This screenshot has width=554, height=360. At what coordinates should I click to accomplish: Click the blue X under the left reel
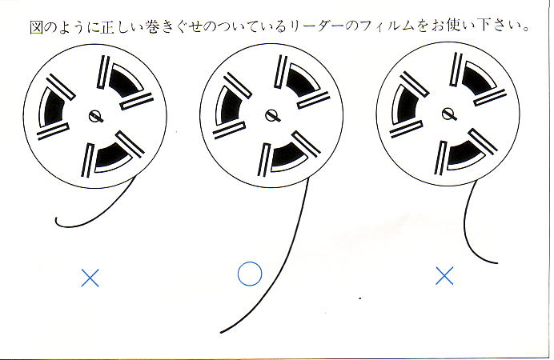click(x=90, y=278)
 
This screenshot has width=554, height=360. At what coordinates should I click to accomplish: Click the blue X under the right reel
click(x=444, y=277)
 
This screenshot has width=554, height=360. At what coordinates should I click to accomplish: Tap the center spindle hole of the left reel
click(x=97, y=115)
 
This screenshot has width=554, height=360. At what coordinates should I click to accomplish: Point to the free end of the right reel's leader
click(x=498, y=261)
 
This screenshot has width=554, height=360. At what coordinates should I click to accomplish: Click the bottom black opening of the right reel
click(x=464, y=155)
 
